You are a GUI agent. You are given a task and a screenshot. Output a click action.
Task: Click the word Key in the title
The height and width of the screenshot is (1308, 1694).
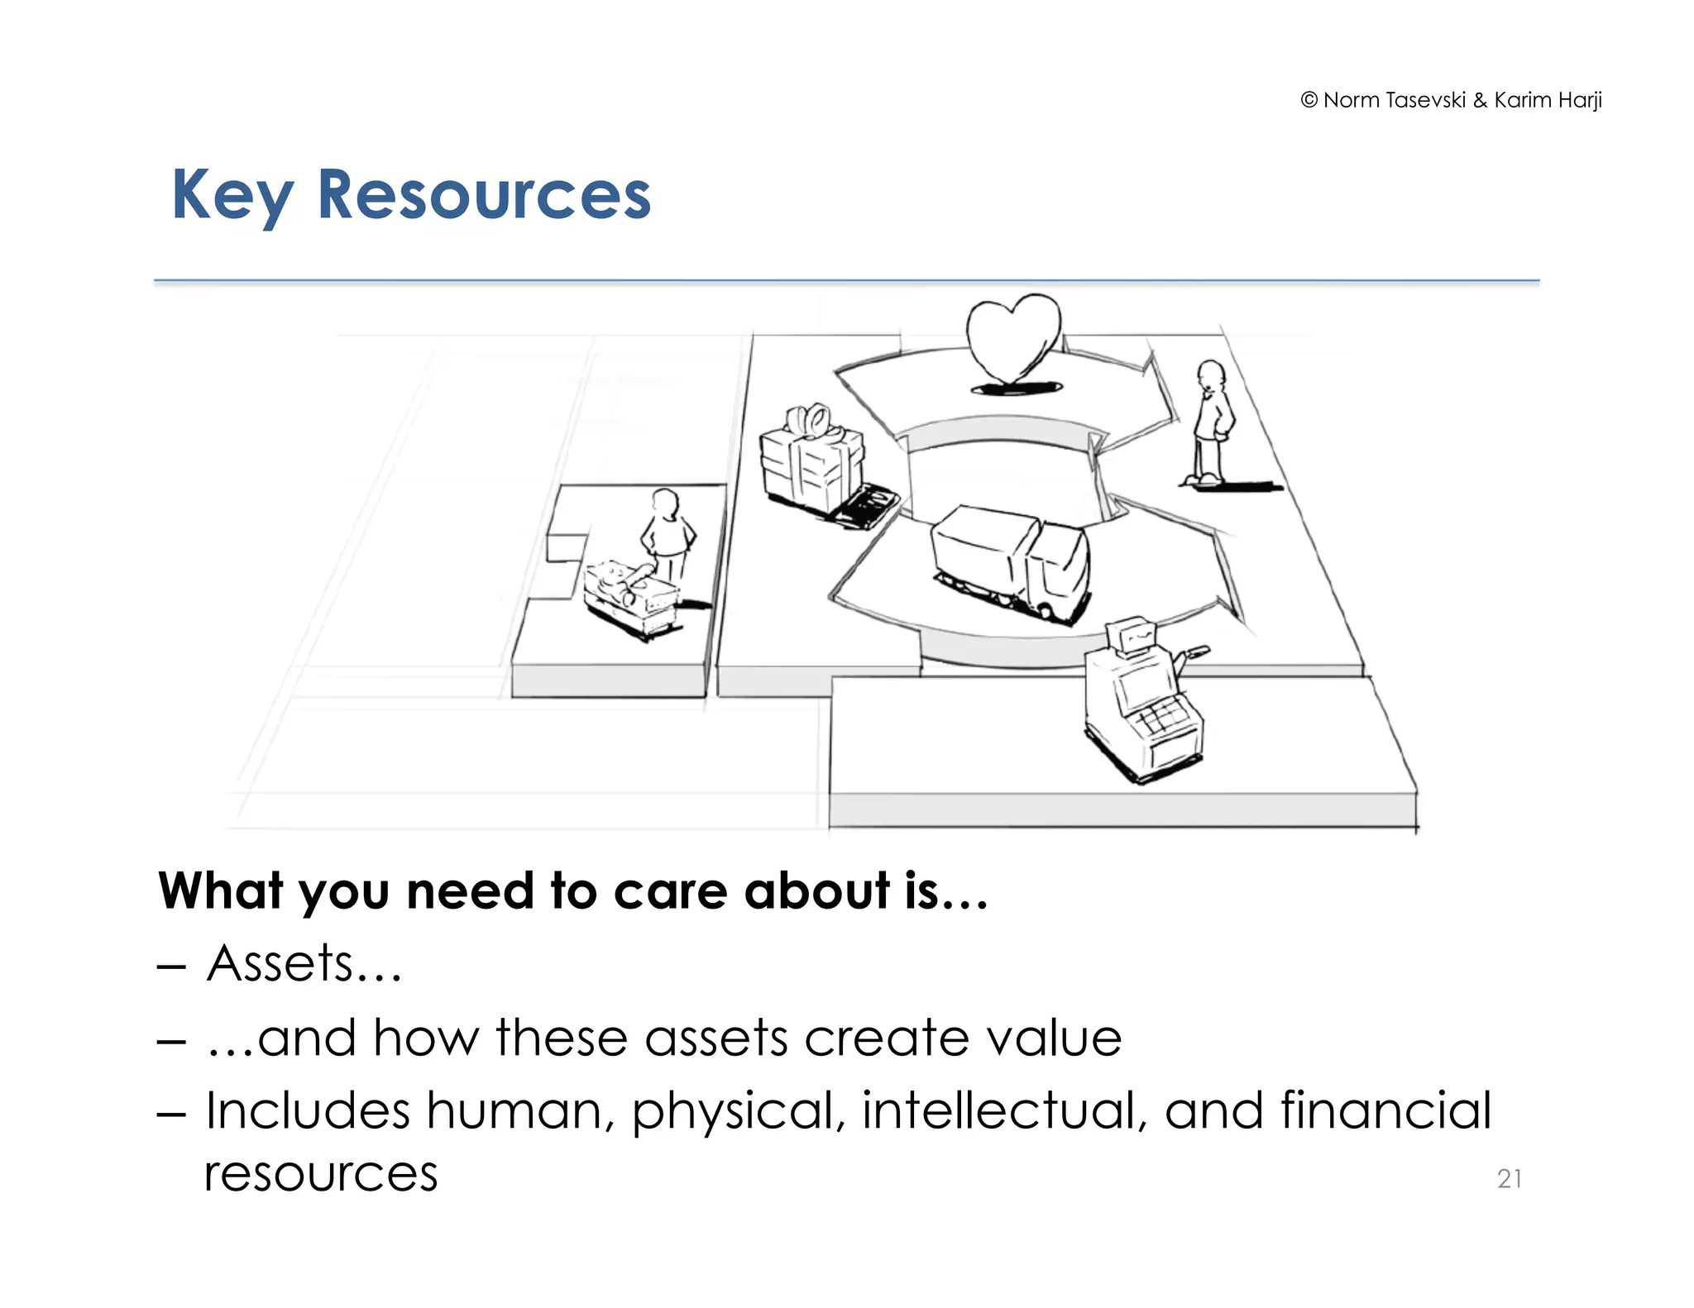tap(232, 195)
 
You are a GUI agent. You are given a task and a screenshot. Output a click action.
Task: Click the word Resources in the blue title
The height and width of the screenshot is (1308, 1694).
tap(484, 195)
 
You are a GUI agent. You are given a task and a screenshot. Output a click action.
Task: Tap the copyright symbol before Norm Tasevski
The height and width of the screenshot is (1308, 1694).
tap(1309, 101)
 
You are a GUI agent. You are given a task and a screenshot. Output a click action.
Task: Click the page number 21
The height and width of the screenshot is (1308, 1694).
tap(1510, 1178)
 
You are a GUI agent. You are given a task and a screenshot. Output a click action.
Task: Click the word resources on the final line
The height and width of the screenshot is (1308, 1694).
tap(321, 1174)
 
